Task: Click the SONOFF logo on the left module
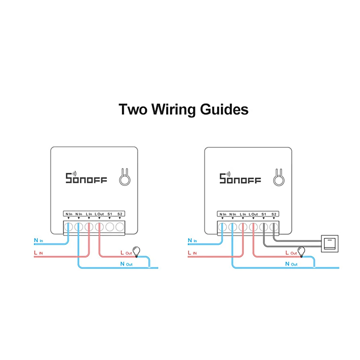86,178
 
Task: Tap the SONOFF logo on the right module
240,178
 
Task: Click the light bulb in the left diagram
136,251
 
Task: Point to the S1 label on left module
109,214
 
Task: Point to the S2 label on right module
274,214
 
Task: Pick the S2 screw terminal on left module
120,227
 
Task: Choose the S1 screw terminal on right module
264,227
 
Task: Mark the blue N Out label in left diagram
126,264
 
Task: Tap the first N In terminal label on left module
69,214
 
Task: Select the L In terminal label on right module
243,214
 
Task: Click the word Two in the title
132,109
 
